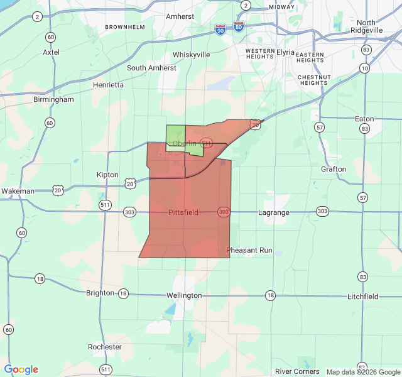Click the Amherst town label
180,16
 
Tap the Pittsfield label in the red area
183,212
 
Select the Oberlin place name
185,143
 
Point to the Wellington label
184,295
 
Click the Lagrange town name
274,212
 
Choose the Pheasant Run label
249,250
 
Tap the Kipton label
107,175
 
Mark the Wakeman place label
18,190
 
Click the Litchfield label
363,296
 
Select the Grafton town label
333,169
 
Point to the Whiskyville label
191,55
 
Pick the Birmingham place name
54,99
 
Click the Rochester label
105,347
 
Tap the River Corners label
297,371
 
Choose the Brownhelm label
125,28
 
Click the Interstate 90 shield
219,30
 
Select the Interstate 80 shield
238,27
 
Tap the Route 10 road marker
365,68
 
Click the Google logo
21,369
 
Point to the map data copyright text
362,372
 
